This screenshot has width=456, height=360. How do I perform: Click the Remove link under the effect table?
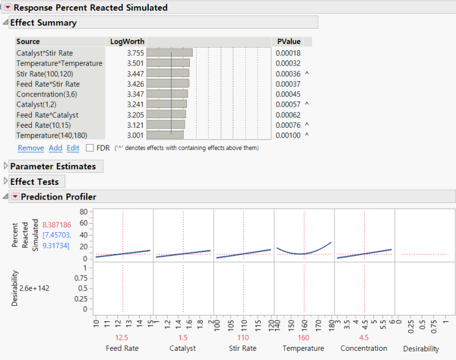tap(31, 148)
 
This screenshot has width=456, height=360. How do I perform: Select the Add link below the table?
tap(55, 148)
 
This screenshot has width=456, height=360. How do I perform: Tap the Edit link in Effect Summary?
tap(73, 148)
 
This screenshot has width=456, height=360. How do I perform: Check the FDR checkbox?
tap(90, 148)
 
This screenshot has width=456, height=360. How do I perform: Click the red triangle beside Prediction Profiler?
tap(15, 197)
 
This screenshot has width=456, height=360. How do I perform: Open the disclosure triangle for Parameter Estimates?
tap(6, 166)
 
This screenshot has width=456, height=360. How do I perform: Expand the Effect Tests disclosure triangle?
tap(6, 181)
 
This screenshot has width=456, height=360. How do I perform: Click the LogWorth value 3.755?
tap(136, 53)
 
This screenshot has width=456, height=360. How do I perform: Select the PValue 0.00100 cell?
tap(288, 136)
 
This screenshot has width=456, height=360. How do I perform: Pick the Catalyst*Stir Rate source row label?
tap(44, 53)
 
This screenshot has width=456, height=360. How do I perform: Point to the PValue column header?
tap(289, 41)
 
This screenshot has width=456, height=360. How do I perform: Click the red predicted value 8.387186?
tap(56, 225)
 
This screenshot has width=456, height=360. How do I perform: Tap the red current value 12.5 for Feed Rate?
tap(121, 338)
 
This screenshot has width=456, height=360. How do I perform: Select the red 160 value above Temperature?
tap(303, 338)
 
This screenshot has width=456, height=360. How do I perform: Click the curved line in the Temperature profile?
tap(304, 254)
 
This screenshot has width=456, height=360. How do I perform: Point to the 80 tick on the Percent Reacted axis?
tap(83, 212)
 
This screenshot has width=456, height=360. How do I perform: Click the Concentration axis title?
tap(364, 349)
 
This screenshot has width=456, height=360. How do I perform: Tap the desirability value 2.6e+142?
tap(34, 289)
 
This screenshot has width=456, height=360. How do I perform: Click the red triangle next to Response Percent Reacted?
tap(8, 7)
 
